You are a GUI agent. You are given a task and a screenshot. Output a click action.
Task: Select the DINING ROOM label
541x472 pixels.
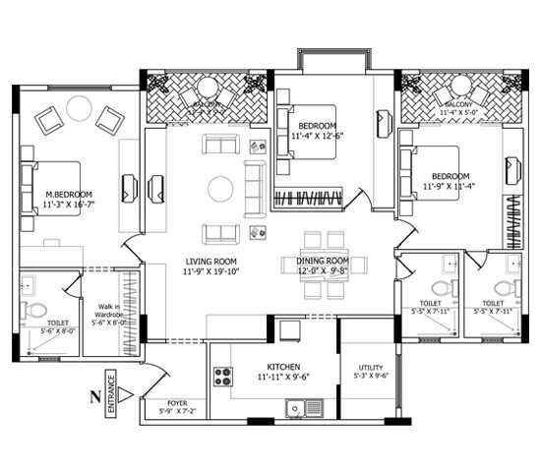(324, 262)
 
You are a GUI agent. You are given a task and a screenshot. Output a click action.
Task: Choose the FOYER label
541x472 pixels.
(177, 403)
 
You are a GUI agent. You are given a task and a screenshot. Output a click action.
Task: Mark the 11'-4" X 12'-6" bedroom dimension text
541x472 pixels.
(318, 137)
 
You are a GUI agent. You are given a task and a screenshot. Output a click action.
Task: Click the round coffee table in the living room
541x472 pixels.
(219, 187)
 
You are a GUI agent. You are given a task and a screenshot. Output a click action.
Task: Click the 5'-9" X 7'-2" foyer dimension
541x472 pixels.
(177, 413)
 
